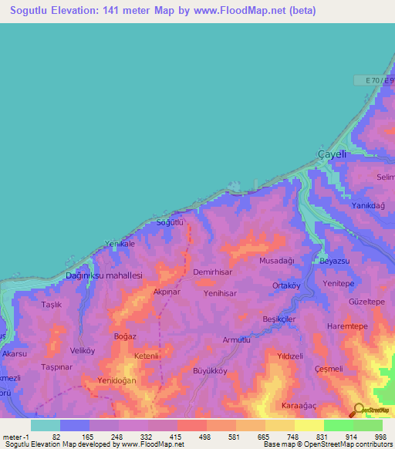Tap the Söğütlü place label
pyautogui.click(x=170, y=222)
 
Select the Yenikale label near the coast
pyautogui.click(x=120, y=244)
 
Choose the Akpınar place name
pyautogui.click(x=167, y=292)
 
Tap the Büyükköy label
pyautogui.click(x=209, y=370)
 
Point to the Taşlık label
pyautogui.click(x=51, y=305)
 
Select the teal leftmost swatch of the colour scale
pyautogui.click(x=46, y=425)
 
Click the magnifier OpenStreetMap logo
pyautogui.click(x=359, y=410)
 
